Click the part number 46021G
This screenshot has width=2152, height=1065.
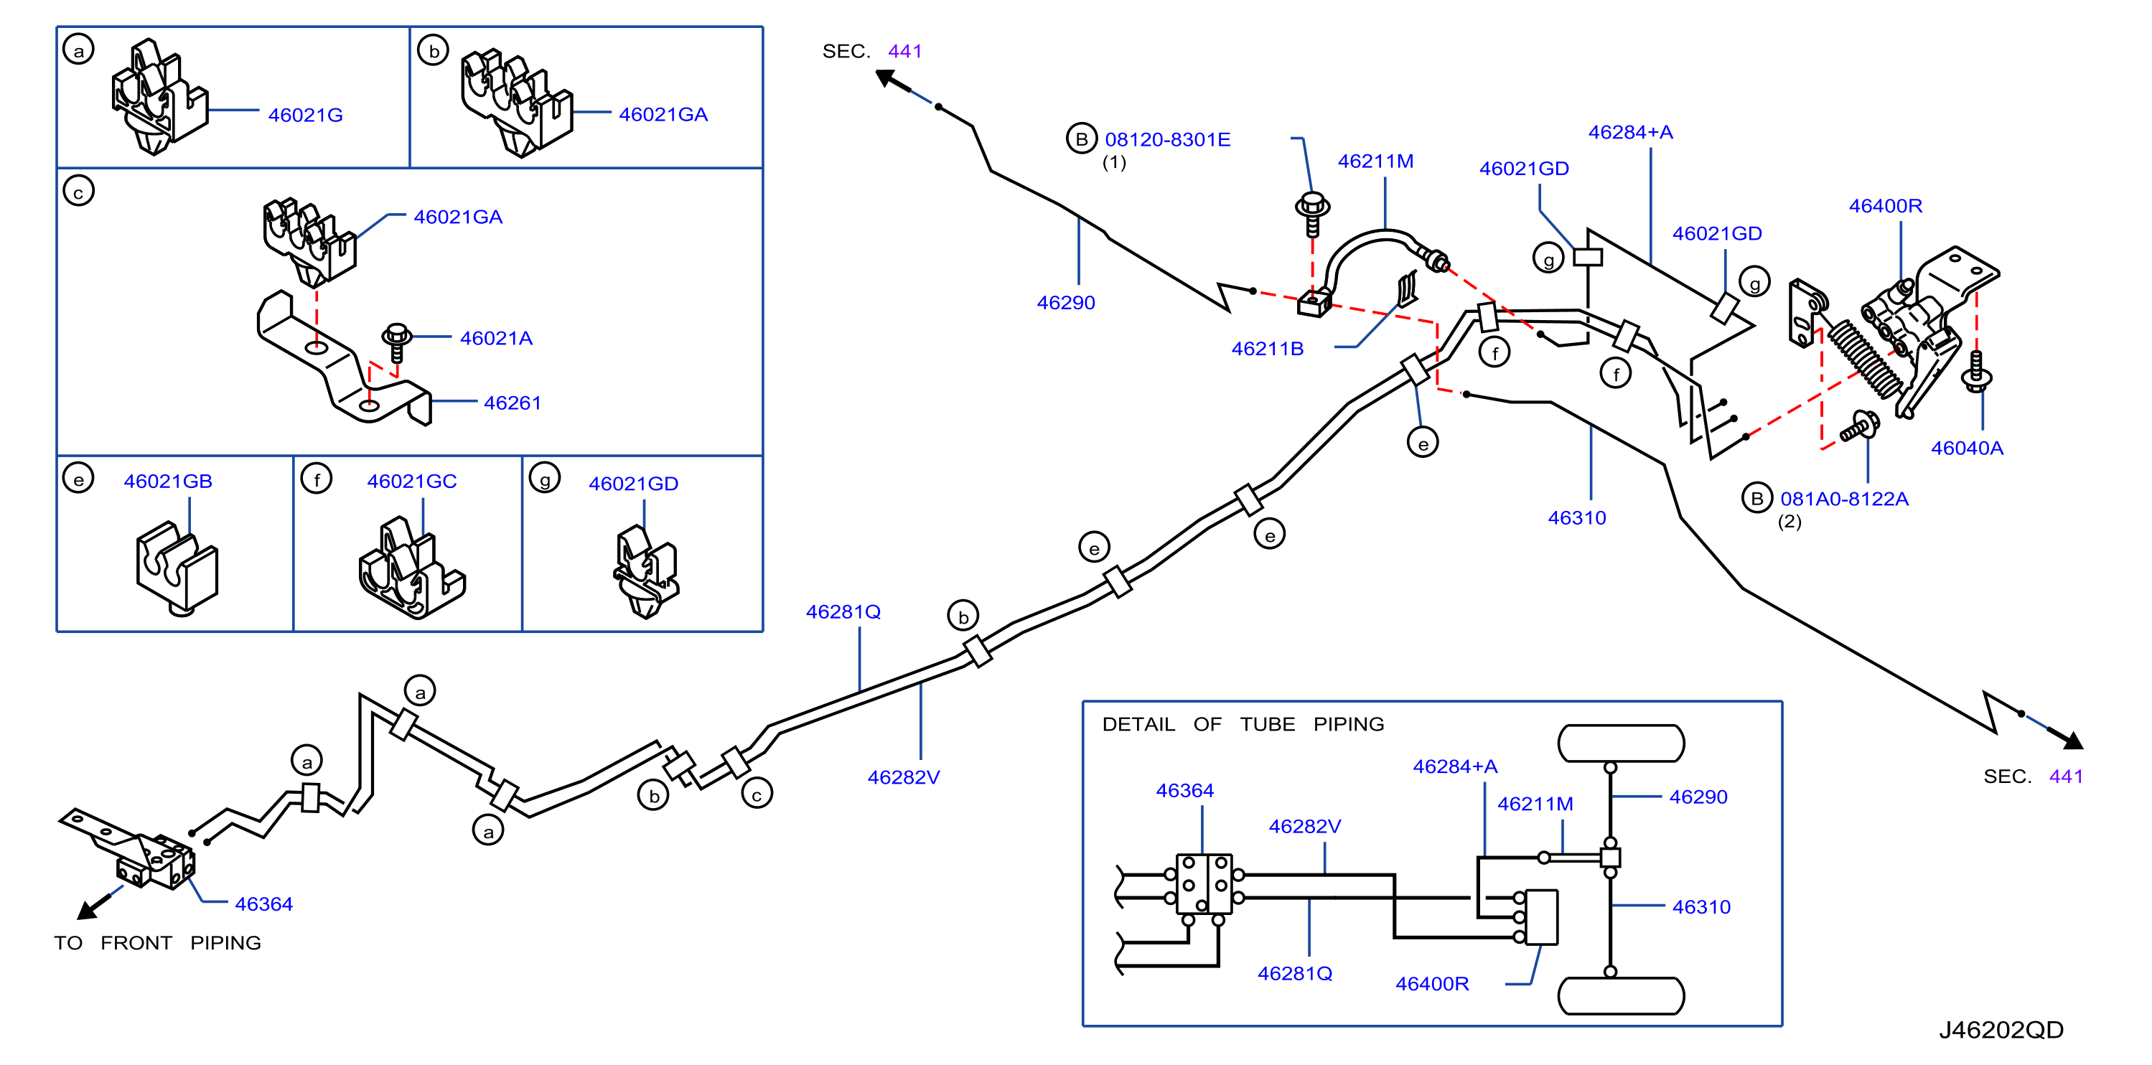305,116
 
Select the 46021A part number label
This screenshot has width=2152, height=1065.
495,338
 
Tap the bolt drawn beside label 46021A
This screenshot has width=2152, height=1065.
396,342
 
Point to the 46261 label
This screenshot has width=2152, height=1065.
512,403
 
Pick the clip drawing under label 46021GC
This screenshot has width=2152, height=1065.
411,568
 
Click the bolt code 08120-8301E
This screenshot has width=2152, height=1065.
1167,139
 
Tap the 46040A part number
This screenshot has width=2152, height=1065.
1967,448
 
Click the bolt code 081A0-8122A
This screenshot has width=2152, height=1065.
1844,499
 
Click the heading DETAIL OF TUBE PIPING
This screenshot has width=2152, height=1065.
1243,724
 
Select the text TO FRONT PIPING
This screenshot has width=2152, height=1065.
157,943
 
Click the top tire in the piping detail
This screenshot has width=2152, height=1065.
1621,743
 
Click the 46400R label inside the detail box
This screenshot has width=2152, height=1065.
1432,984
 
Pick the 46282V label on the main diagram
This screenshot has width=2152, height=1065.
903,778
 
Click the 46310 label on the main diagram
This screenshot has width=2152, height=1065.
1576,518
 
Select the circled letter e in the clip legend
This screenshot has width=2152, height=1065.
78,479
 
